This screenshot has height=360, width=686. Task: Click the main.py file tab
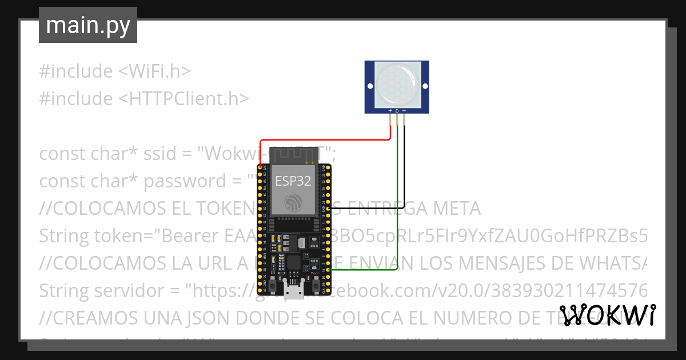[x=87, y=25]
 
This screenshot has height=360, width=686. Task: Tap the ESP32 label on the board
[x=293, y=182]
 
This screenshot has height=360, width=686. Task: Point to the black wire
[x=404, y=171]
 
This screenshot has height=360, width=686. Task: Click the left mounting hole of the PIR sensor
[x=369, y=86]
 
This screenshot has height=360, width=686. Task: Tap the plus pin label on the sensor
[x=390, y=110]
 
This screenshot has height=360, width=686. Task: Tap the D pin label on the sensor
[x=397, y=110]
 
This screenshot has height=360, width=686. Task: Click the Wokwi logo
[x=607, y=315]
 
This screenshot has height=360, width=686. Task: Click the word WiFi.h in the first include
[x=159, y=71]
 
